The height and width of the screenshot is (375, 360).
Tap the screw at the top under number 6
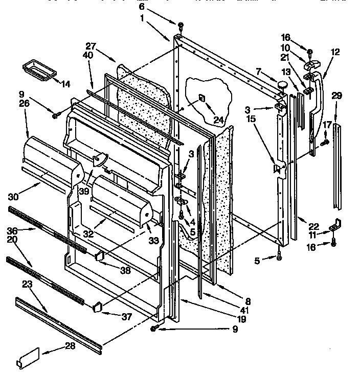tap(181, 25)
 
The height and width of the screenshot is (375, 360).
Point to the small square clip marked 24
tap(202, 98)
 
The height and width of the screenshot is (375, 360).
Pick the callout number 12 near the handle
tap(335, 52)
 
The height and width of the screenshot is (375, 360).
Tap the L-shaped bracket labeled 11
tap(335, 224)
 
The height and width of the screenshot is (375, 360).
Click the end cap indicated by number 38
tap(100, 255)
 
